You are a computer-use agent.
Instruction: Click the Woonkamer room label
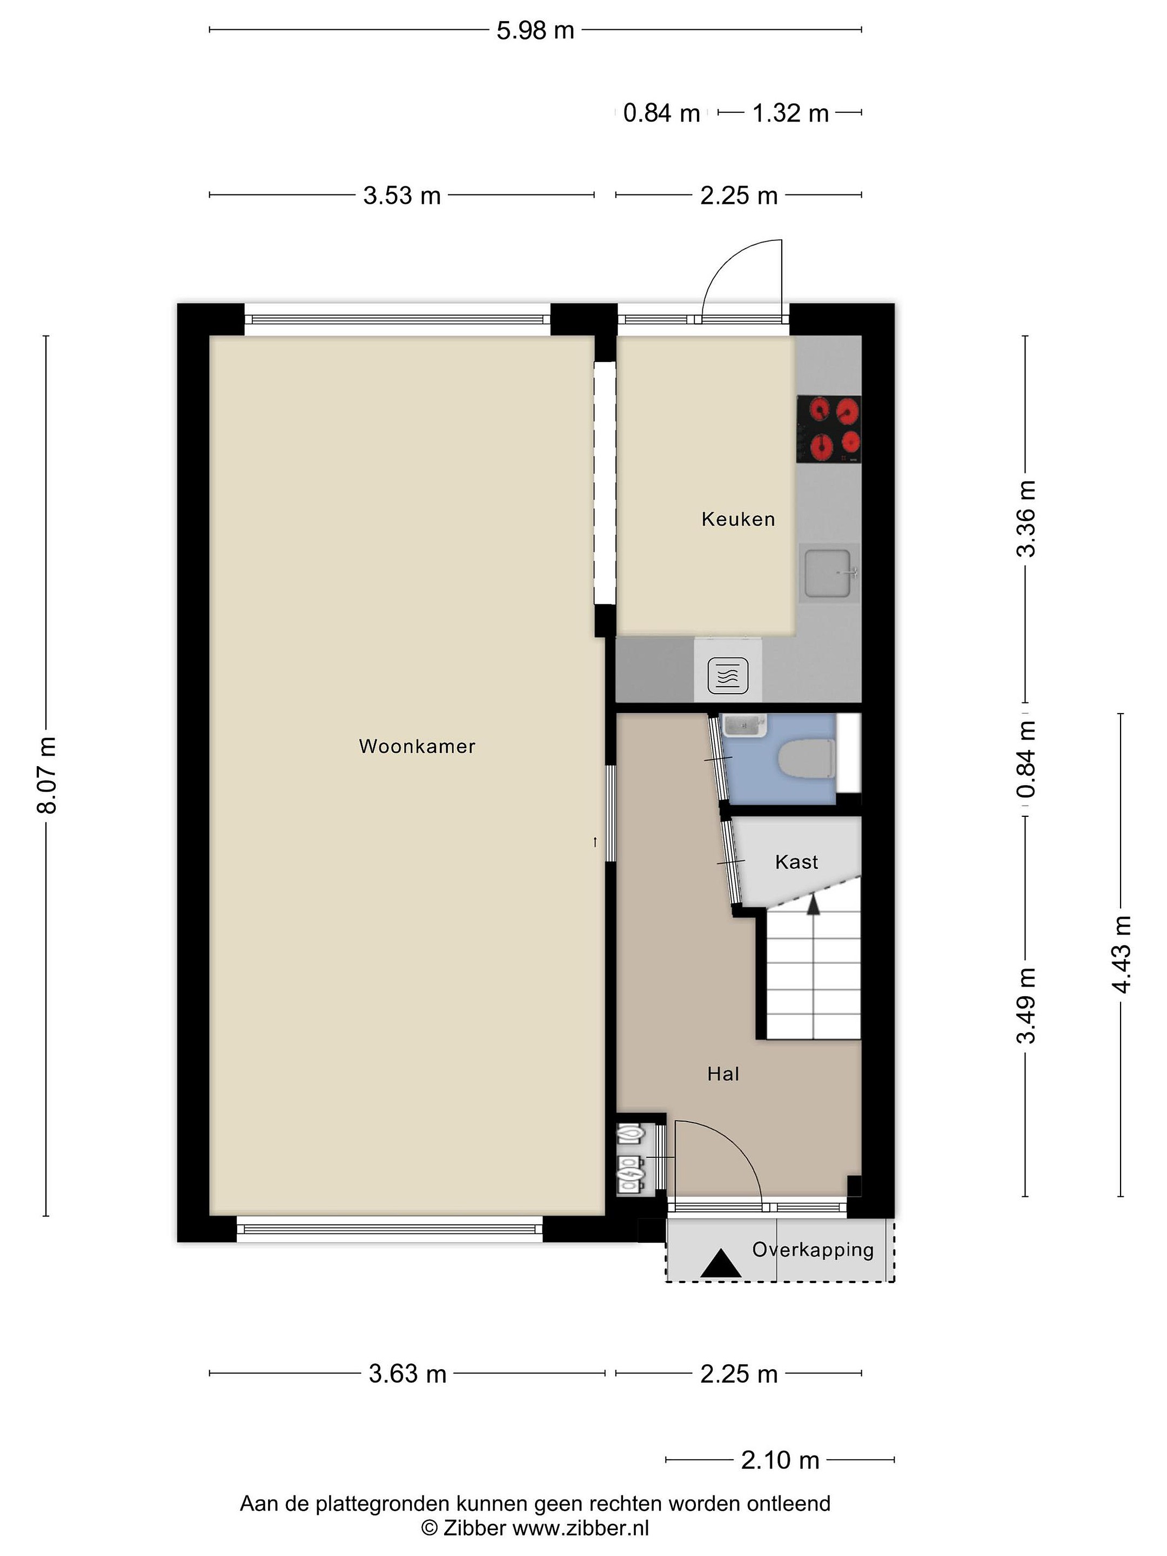coord(417,746)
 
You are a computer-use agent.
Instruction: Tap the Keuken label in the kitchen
coord(738,519)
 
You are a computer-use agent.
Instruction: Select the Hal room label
coord(723,1074)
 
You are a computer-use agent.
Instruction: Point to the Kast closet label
coord(796,862)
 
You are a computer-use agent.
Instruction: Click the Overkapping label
coord(813,1249)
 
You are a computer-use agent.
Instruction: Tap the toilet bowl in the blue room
coord(807,759)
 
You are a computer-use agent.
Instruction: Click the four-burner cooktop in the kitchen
coord(829,429)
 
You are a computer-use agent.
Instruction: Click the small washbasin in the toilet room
coord(743,725)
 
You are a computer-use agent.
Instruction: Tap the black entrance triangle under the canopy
coord(720,1263)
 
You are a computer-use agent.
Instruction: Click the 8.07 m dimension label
coord(46,775)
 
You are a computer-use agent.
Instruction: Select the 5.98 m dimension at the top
coord(535,30)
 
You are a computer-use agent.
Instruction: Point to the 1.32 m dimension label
coord(790,112)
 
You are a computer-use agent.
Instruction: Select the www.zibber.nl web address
coord(580,1528)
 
